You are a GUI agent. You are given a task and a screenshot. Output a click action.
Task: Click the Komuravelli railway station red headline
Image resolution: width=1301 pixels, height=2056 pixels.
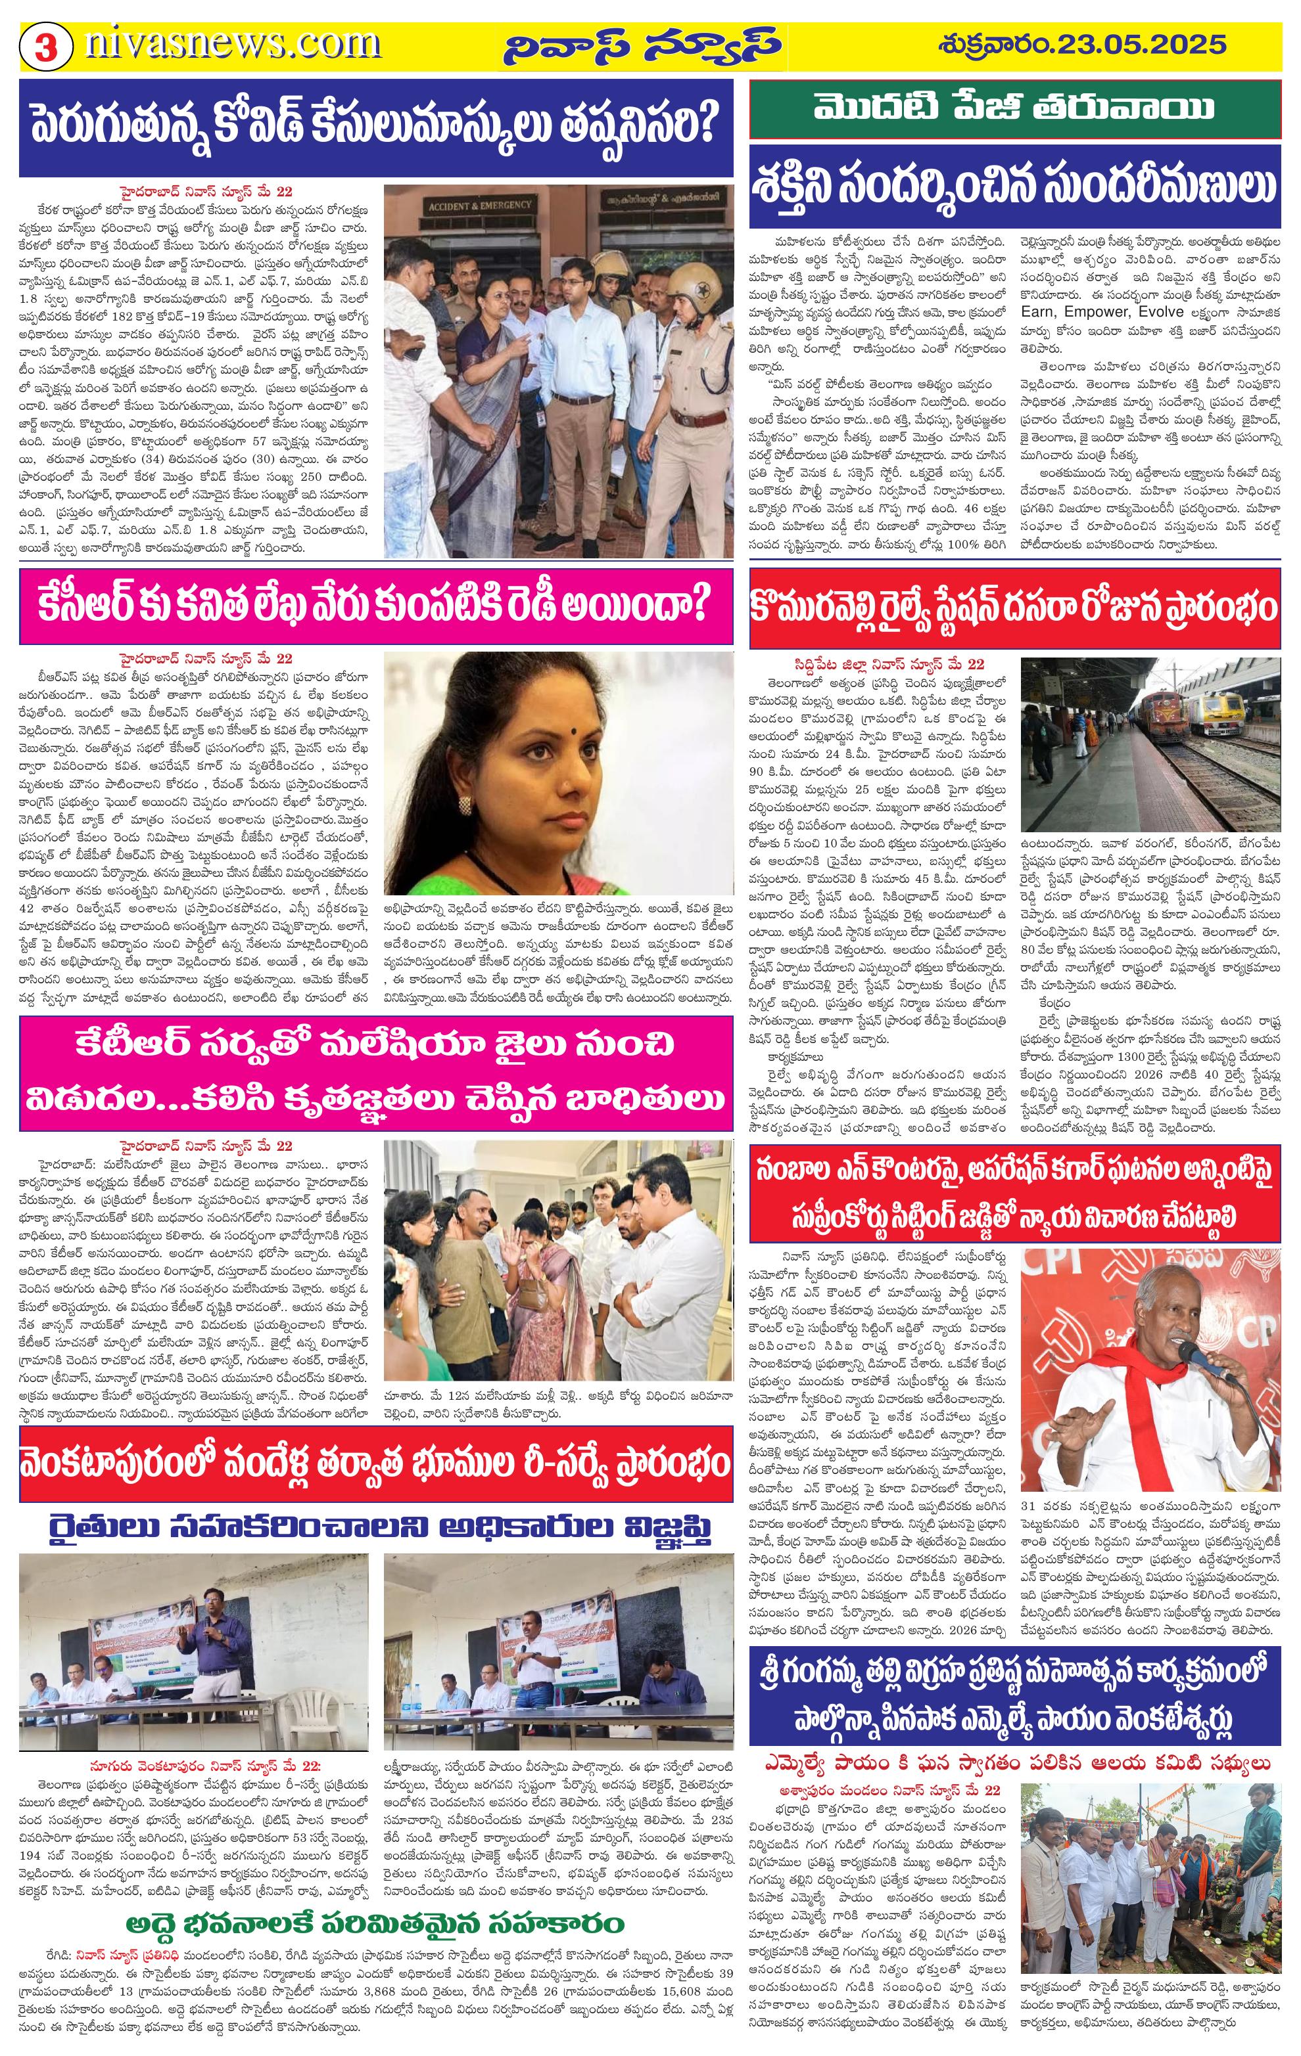1016,609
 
